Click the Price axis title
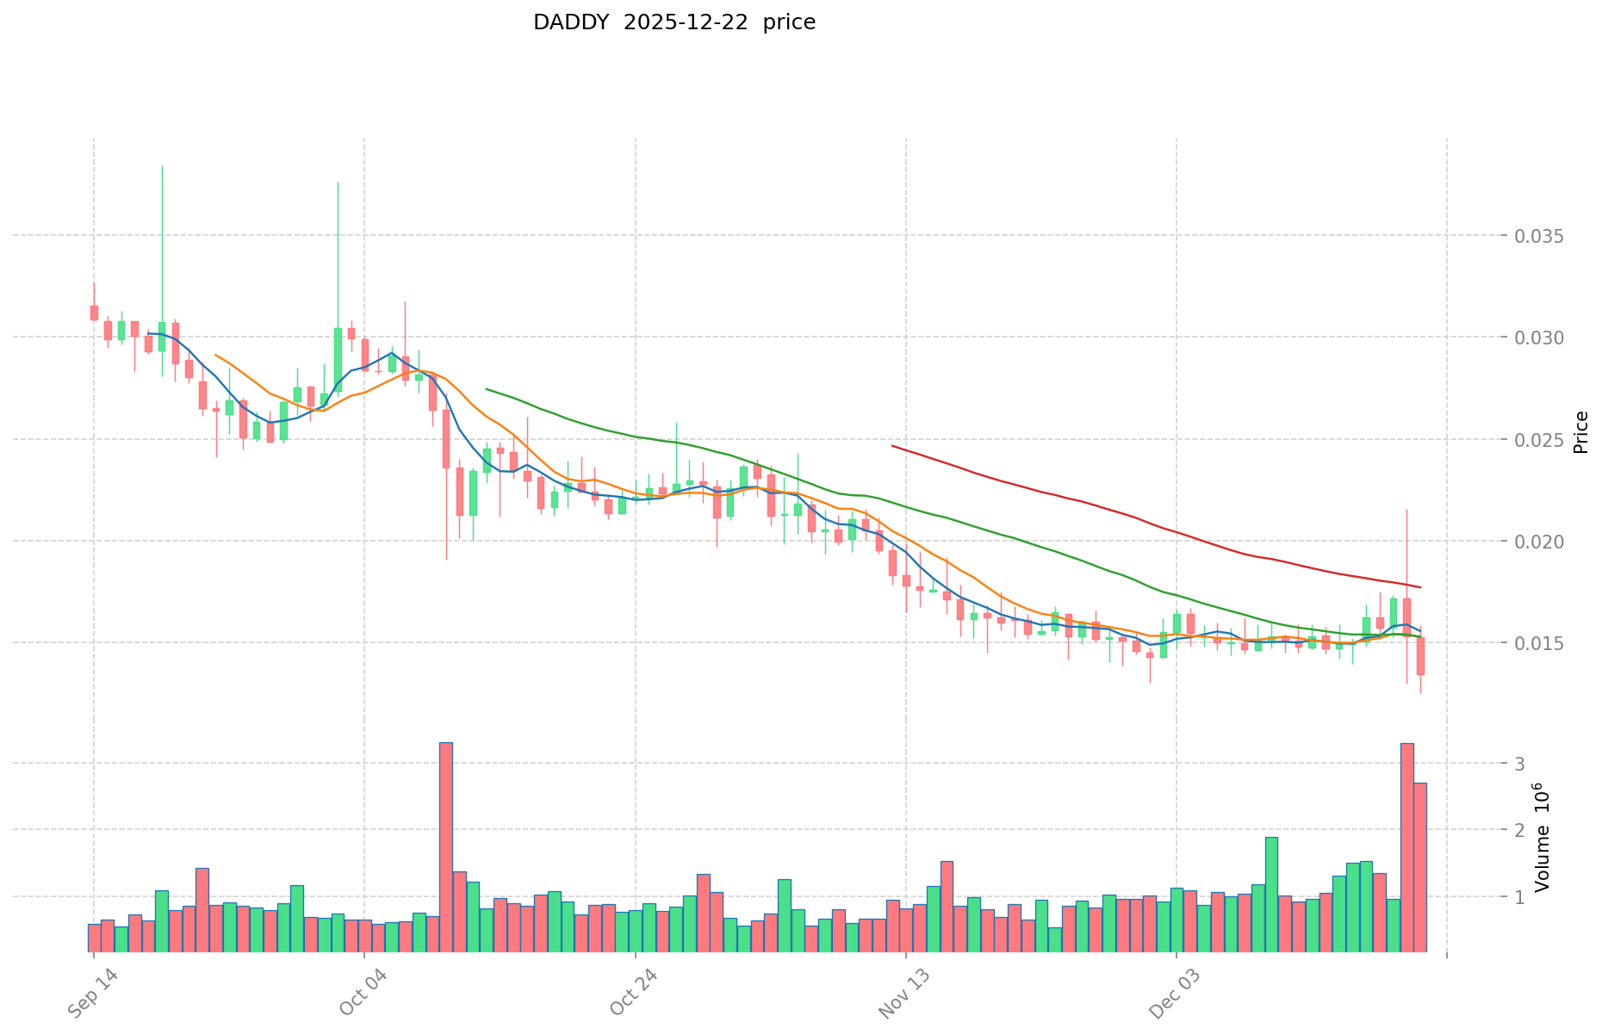(1580, 432)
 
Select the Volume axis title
(1543, 838)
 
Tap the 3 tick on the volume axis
(1520, 764)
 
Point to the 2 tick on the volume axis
(1520, 830)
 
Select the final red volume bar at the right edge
(1420, 866)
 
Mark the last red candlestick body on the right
(1420, 656)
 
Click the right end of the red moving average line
(1420, 587)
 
